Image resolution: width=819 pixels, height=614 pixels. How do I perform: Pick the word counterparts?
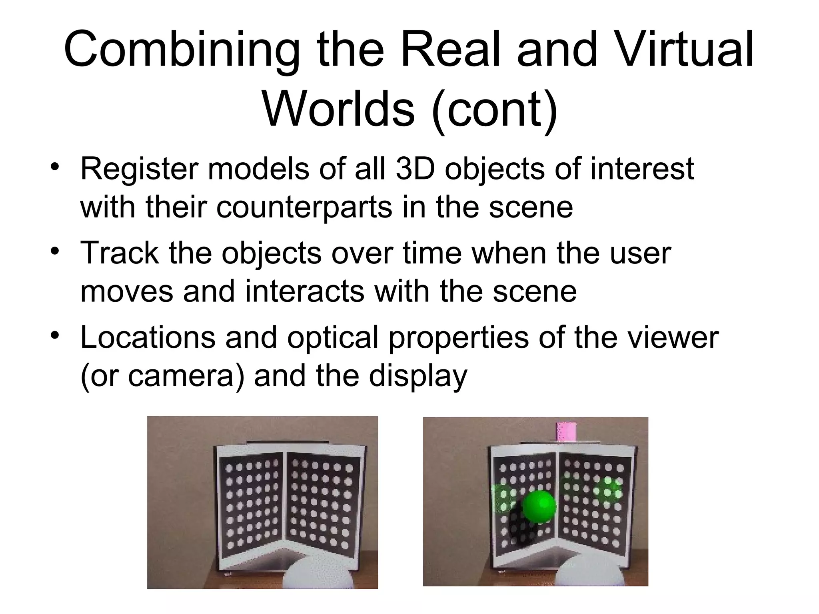[304, 208]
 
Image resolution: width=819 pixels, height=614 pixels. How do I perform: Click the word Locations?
[148, 337]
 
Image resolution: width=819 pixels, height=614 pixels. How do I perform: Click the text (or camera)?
[162, 376]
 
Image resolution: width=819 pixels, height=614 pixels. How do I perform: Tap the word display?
[417, 376]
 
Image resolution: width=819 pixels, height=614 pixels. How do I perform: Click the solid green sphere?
[539, 506]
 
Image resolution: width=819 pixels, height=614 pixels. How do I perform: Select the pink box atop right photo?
[565, 431]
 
